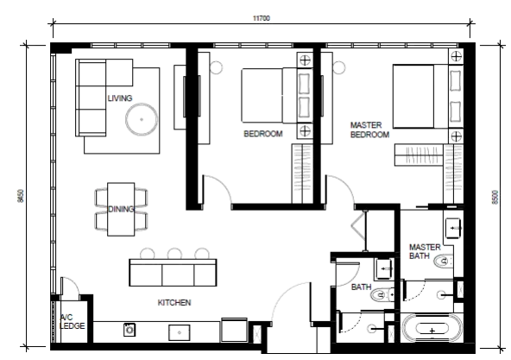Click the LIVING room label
coord(120,98)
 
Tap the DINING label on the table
coord(121,209)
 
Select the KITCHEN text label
coord(174,303)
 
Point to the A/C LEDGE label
coord(72,321)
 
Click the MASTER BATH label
coord(425,251)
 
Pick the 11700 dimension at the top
coord(262,18)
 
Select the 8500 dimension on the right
coord(495,198)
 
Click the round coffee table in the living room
coord(142,119)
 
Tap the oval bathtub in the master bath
coord(432,328)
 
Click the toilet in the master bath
coord(444,261)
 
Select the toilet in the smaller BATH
coord(382,295)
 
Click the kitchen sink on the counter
coord(180,332)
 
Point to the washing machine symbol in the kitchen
coord(129,330)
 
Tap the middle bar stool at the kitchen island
coord(174,254)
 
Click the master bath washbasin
coord(453,228)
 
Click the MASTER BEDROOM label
coord(369,129)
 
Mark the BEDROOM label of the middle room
coord(263,134)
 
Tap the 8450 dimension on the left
coord(22,196)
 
